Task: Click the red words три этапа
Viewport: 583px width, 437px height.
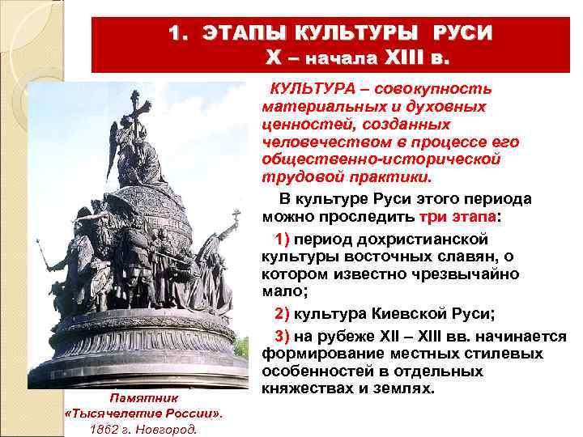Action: coord(458,218)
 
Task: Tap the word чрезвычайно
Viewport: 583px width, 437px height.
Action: coord(470,275)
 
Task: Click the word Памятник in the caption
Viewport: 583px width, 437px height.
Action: coord(143,398)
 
